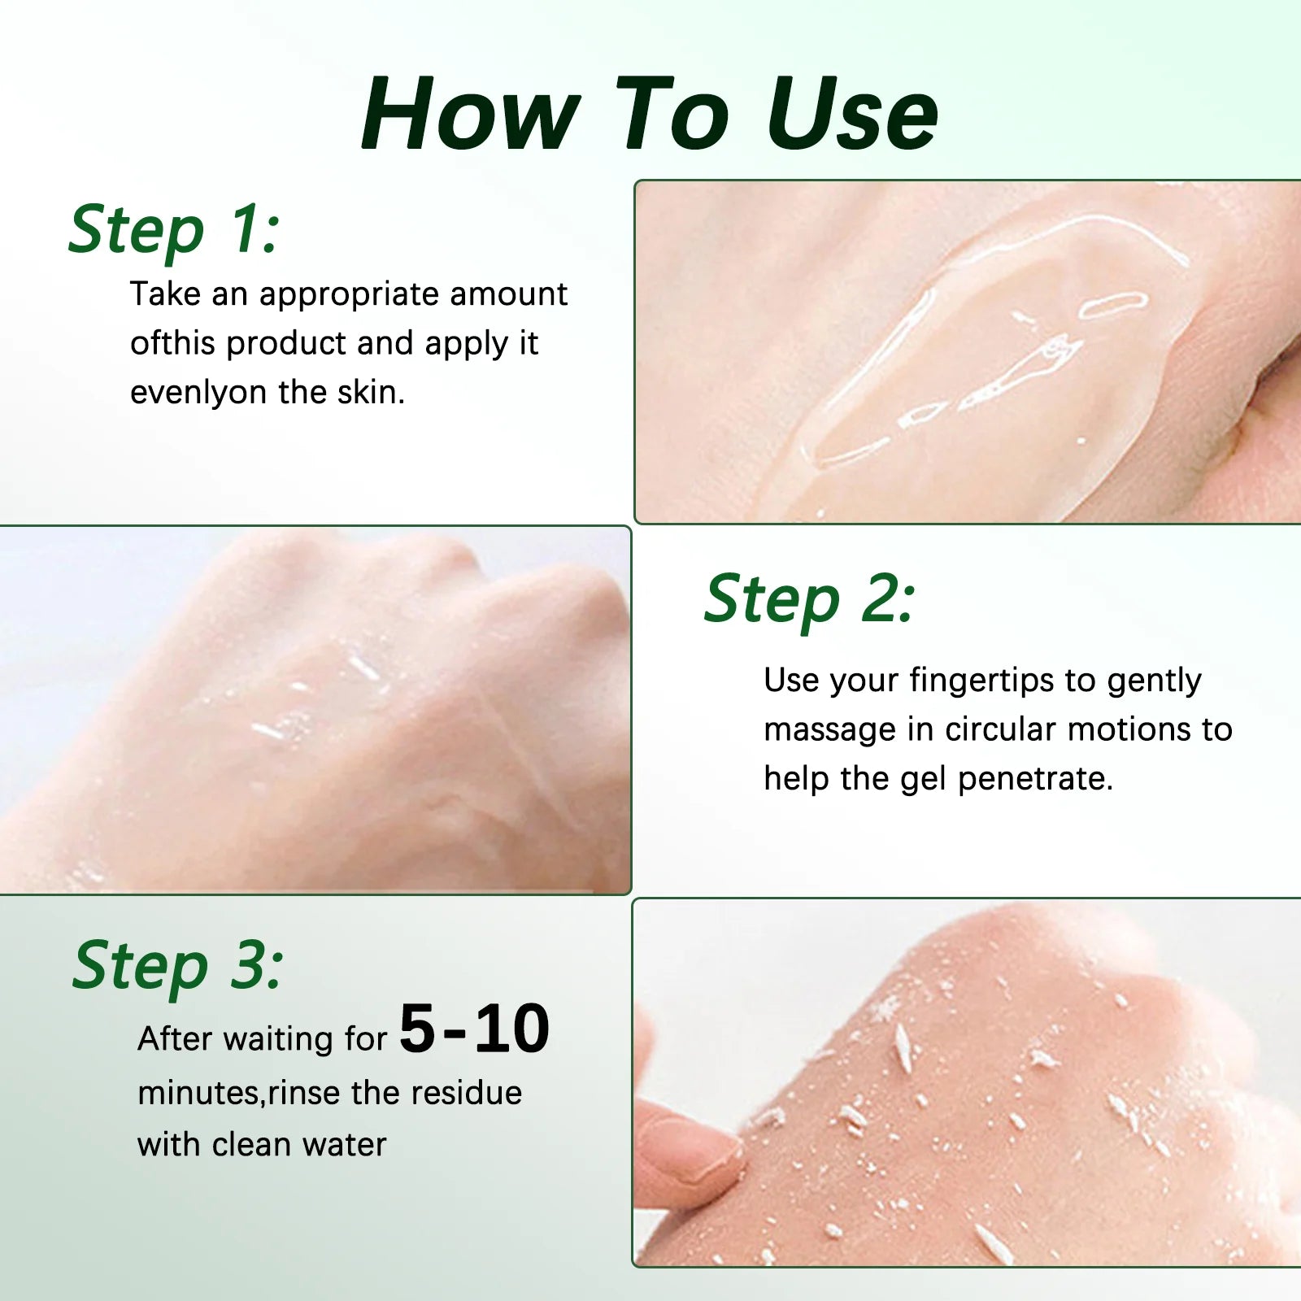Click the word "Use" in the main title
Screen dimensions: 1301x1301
pos(851,113)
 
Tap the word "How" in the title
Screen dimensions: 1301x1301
pos(472,113)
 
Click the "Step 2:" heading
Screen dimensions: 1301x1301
pos(810,600)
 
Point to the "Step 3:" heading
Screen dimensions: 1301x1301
pos(178,966)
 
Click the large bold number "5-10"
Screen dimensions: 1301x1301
pos(475,1029)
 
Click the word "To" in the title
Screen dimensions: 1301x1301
pos(672,113)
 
